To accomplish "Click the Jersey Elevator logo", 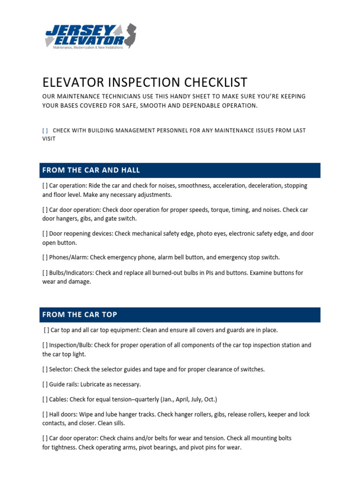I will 89,37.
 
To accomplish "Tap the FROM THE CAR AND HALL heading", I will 91,170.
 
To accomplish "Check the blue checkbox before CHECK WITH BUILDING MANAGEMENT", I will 45,130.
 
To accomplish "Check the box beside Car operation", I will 45,186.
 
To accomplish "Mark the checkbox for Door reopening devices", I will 45,233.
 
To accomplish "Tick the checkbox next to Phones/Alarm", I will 45,257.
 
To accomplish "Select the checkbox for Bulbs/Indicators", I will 45,273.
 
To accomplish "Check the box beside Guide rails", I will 45,384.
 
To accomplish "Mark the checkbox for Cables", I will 45,399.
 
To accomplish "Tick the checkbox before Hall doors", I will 45,415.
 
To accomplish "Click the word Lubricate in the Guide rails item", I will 95,384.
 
